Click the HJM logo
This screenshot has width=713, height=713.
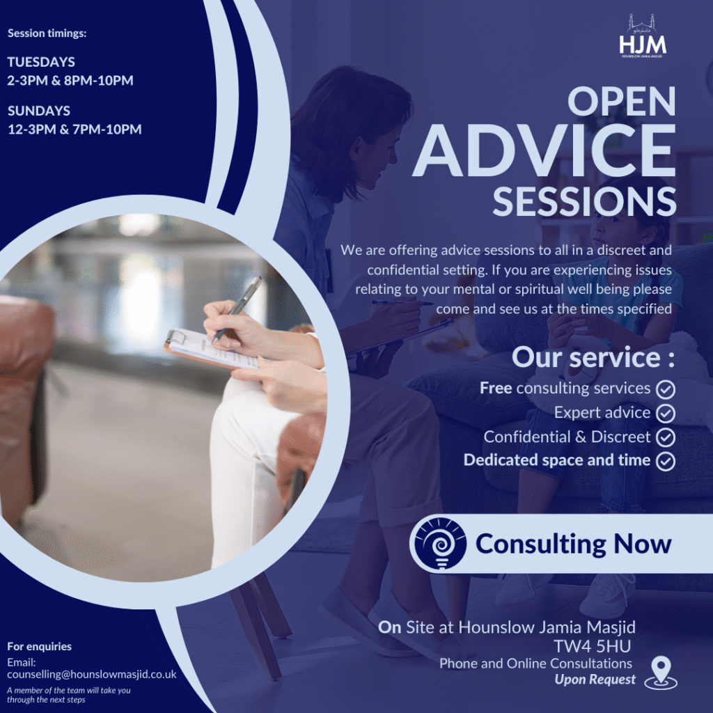point(643,36)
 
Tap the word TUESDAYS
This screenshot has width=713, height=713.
point(41,62)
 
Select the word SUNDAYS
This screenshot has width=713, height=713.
point(39,111)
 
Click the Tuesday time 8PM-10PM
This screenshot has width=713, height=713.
point(99,81)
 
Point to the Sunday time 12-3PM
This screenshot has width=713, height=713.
point(32,129)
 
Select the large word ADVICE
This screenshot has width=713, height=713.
point(544,150)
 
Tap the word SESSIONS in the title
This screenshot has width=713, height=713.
point(584,201)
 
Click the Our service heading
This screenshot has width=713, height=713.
point(593,357)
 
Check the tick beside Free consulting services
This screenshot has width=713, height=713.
point(666,389)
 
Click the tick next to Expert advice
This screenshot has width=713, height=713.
point(666,413)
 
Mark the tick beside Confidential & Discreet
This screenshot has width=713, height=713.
point(666,437)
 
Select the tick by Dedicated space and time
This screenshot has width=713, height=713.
point(666,461)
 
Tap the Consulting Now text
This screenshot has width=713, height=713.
point(574,544)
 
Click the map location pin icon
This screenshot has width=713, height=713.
point(661,673)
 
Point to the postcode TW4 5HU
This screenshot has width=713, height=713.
point(592,646)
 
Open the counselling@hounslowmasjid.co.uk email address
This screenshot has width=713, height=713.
point(92,674)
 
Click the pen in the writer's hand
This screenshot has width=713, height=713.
point(237,309)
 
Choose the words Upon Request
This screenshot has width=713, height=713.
point(595,680)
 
